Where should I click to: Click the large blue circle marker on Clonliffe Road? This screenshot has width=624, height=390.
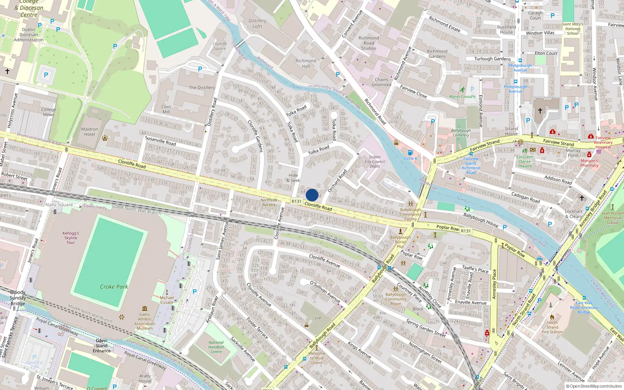coord(312,195)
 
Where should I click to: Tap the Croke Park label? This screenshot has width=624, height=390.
coord(114,287)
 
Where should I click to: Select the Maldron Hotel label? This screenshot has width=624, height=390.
coord(90,132)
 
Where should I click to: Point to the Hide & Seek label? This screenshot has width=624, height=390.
coord(293,178)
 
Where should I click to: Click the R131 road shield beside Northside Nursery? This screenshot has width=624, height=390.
coord(296,202)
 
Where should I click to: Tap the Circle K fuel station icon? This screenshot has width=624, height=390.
coord(410,153)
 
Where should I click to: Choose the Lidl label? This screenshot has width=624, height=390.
coord(318,318)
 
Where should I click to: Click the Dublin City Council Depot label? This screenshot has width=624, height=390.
coord(375,161)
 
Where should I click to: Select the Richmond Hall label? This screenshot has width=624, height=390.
coord(306,64)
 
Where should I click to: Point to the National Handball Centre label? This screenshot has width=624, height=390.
coord(216,347)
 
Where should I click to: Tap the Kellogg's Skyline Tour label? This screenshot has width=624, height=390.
coord(71,238)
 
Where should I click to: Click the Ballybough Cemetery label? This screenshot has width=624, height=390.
coord(461,133)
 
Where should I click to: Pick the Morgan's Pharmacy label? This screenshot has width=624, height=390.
coord(589,163)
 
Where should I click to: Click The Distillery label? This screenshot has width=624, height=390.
coord(202,88)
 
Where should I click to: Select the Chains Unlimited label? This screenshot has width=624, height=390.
coord(381,82)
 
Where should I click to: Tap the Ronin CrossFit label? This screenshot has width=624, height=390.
coord(463,97)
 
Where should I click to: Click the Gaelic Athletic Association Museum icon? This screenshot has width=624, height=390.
coord(145,308)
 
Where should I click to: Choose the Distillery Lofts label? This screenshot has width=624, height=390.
coord(257,23)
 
